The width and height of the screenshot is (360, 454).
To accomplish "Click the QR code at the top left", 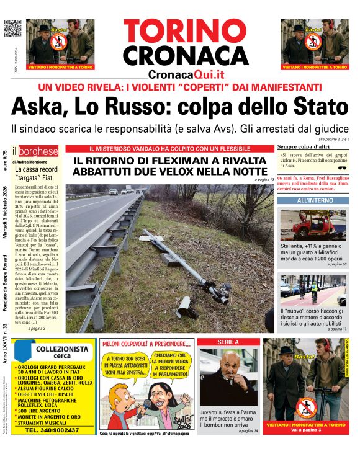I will point(13,29).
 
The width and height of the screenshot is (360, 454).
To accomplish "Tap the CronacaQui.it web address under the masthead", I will point(186,74).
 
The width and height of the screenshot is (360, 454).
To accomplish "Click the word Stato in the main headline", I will point(314,107).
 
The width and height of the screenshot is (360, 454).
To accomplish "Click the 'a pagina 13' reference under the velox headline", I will point(264,180).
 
